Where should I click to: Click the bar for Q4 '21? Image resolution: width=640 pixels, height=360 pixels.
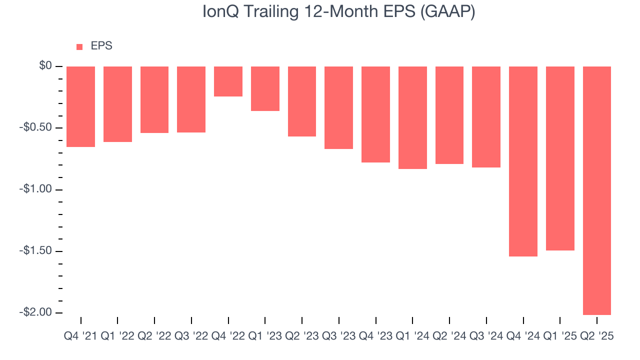pos(80,106)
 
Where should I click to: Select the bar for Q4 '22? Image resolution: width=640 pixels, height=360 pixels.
pos(228,81)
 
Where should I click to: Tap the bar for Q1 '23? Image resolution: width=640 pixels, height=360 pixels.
pos(265,88)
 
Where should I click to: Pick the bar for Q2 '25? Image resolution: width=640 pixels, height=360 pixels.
pos(597,190)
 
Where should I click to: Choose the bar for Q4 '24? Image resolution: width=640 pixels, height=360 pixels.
pos(523,161)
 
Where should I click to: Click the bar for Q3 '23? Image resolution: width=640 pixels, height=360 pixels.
pos(338,107)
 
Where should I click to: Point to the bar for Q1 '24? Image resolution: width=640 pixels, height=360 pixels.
pos(412,117)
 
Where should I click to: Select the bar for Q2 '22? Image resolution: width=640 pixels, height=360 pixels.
pos(154,99)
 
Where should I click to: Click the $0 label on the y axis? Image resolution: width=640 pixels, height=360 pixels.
pos(46,66)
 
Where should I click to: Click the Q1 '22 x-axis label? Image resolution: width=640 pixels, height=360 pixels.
pos(117,336)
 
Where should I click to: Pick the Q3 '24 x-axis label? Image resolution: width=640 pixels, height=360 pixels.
pos(486,336)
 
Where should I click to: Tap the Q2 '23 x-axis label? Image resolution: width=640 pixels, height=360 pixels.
pos(302,336)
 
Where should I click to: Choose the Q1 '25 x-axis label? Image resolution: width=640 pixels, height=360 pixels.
pos(560,336)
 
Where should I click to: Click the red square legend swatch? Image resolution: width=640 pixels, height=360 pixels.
pos(79,47)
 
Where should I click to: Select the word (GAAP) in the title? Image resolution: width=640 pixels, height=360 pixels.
pos(447,12)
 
